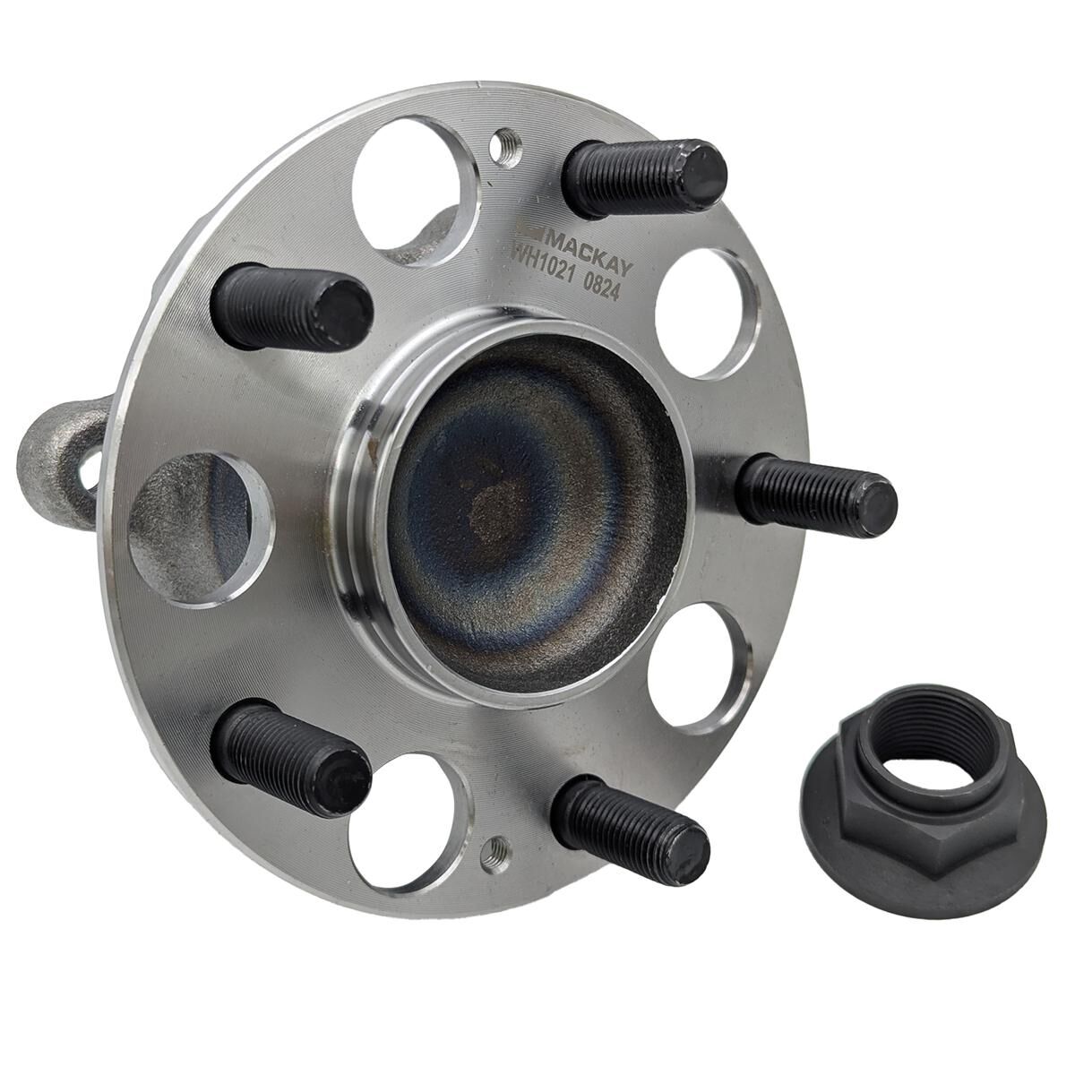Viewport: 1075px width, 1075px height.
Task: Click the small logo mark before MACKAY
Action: pyautogui.click(x=531, y=227)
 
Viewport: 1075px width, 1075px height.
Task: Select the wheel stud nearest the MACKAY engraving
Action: pyautogui.click(x=643, y=177)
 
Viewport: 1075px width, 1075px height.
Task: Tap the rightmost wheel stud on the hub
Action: pyautogui.click(x=815, y=494)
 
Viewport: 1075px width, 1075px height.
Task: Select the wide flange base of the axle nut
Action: pyautogui.click(x=923, y=860)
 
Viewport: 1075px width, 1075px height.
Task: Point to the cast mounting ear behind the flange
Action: pyautogui.click(x=57, y=462)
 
